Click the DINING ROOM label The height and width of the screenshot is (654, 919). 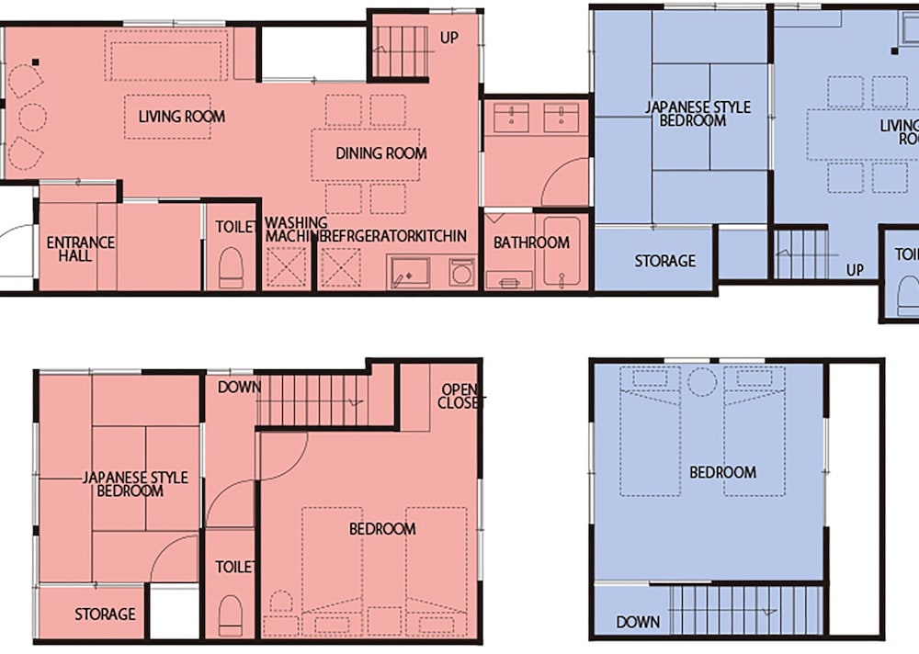380,153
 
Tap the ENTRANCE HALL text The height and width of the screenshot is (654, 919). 81,249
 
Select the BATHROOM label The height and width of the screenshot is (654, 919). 531,243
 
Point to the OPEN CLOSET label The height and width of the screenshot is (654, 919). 457,396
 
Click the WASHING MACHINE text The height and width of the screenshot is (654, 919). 296,230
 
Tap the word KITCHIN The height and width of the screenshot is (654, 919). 441,237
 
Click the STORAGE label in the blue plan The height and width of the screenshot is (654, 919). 664,261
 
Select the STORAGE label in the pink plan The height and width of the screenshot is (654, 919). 105,614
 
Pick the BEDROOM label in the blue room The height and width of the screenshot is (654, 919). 722,472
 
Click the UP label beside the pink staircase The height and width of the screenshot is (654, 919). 449,39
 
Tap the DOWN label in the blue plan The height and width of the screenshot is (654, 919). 638,622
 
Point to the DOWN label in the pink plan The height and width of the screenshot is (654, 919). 240,387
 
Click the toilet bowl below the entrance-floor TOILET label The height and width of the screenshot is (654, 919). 231,267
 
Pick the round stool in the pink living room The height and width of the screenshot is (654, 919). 32,118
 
